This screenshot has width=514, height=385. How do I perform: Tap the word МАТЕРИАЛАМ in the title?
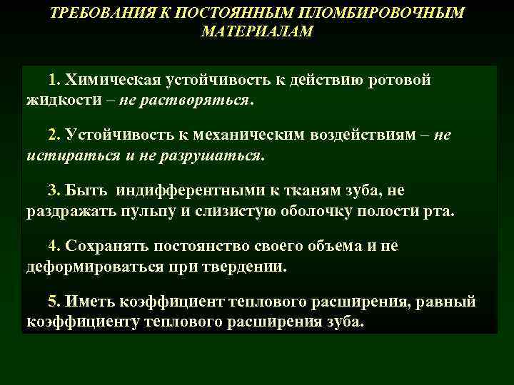257,33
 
